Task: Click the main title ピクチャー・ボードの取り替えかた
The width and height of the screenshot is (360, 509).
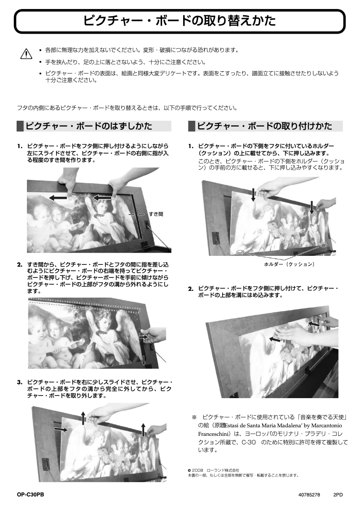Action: click(x=180, y=21)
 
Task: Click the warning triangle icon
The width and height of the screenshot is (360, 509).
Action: click(x=27, y=54)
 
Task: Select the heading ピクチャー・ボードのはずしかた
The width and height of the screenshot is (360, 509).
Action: click(x=88, y=126)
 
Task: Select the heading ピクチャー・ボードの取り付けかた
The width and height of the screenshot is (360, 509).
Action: click(x=264, y=126)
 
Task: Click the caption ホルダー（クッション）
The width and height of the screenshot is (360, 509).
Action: click(x=289, y=264)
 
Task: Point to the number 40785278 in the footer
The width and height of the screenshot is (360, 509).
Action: click(x=309, y=494)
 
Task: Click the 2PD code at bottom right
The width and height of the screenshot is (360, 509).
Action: click(x=338, y=494)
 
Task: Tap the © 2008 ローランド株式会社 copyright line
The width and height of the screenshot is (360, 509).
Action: click(x=213, y=470)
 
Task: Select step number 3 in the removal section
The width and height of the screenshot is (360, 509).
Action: click(x=20, y=382)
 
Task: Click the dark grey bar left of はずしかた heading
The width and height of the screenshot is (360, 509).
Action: click(x=20, y=126)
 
